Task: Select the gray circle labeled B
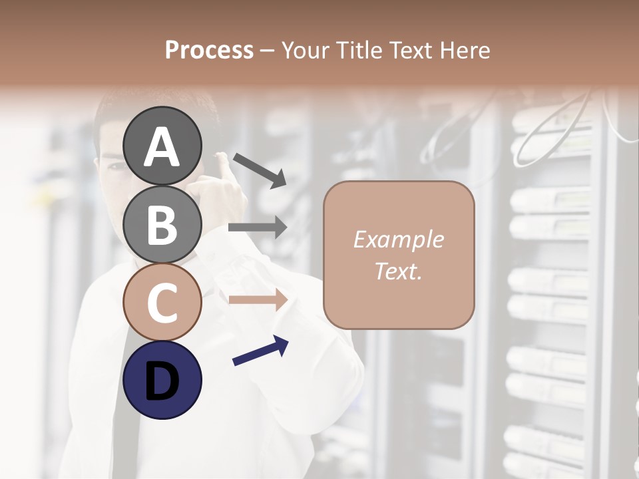(162, 224)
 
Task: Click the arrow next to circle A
(260, 170)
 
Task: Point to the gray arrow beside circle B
(258, 227)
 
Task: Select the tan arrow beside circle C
(258, 299)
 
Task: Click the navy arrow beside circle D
(260, 351)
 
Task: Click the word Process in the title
(209, 50)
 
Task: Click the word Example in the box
(398, 239)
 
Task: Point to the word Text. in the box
(398, 271)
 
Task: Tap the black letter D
(162, 381)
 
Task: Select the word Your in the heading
(304, 50)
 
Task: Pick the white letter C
(162, 303)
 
